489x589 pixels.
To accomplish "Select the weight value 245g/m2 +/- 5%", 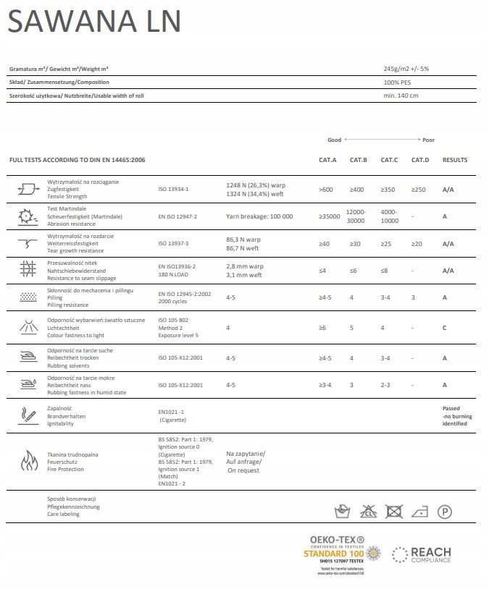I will (406, 69).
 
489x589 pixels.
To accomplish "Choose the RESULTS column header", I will (455, 160).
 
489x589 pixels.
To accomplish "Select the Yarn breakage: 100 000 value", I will (259, 216).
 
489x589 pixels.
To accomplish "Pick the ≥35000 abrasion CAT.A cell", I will (330, 216).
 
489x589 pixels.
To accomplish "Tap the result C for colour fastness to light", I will (445, 328).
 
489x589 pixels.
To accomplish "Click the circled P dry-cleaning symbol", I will (445, 512).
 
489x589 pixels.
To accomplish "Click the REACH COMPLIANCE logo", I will (421, 556).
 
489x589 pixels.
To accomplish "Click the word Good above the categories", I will (334, 140).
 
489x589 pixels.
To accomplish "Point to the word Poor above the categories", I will (429, 140).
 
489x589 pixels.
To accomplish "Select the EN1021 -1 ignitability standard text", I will (172, 412).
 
